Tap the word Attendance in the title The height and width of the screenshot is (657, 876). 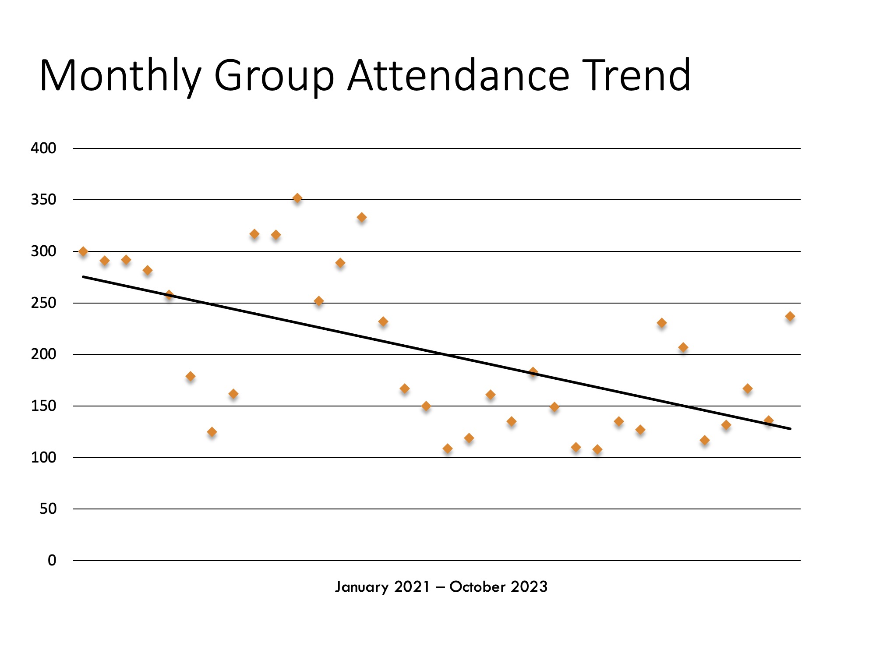pyautogui.click(x=458, y=75)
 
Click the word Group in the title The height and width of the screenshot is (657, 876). pyautogui.click(x=274, y=77)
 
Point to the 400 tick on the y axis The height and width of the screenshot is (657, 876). pyautogui.click(x=43, y=148)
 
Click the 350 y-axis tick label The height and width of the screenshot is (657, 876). pyautogui.click(x=43, y=200)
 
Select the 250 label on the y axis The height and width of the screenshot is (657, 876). pyautogui.click(x=43, y=303)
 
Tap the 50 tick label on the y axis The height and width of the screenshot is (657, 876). pyautogui.click(x=48, y=509)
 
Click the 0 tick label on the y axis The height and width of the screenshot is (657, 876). pyautogui.click(x=52, y=560)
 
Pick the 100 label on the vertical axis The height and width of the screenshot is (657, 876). pyautogui.click(x=43, y=457)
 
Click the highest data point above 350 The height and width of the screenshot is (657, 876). pyautogui.click(x=297, y=198)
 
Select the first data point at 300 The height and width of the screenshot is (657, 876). pyautogui.click(x=83, y=251)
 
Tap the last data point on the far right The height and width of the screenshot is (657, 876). pyautogui.click(x=790, y=316)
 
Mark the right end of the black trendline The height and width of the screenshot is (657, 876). pyautogui.click(x=790, y=428)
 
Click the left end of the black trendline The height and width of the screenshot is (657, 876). pyautogui.click(x=83, y=277)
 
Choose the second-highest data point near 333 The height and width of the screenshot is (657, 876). pyautogui.click(x=362, y=217)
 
